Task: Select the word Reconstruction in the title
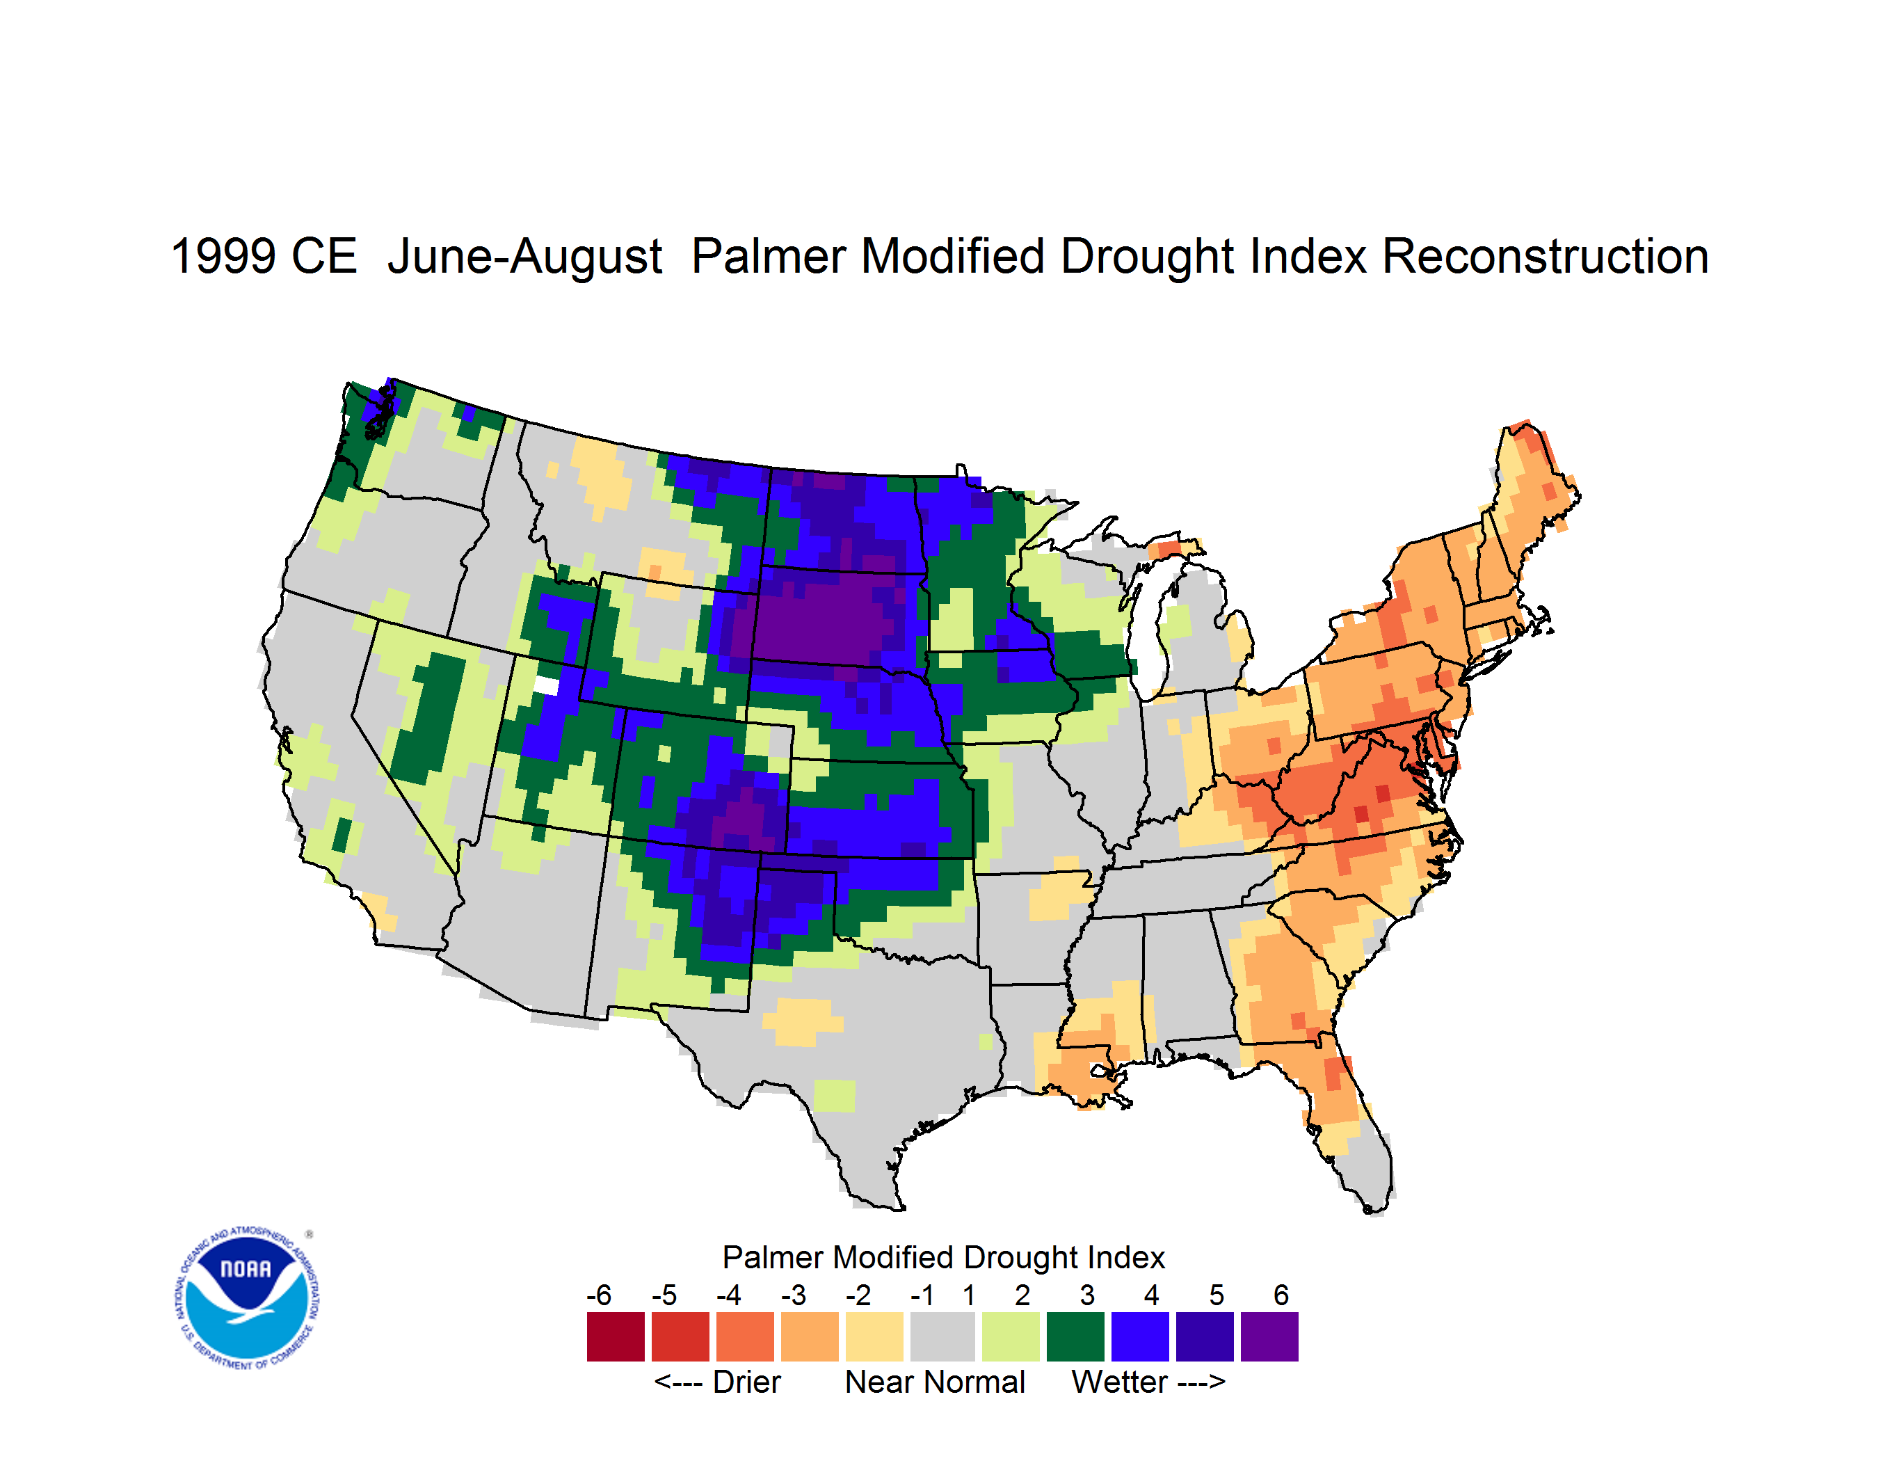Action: click(x=1546, y=256)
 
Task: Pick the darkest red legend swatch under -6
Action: click(x=616, y=1336)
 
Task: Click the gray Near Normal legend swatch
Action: click(x=942, y=1336)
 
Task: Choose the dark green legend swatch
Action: click(x=1075, y=1336)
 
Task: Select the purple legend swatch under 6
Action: click(x=1269, y=1336)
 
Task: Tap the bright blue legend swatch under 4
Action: click(x=1140, y=1336)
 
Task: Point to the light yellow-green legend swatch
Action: click(x=1011, y=1336)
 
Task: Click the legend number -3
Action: click(x=793, y=1295)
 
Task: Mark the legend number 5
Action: click(x=1216, y=1295)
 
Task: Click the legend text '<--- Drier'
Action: click(x=717, y=1382)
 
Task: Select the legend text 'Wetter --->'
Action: click(x=1148, y=1382)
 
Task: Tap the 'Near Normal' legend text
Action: click(x=935, y=1382)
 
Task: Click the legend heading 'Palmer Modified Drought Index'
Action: click(x=943, y=1257)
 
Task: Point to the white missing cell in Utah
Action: click(x=546, y=685)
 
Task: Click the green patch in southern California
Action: click(x=342, y=835)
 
